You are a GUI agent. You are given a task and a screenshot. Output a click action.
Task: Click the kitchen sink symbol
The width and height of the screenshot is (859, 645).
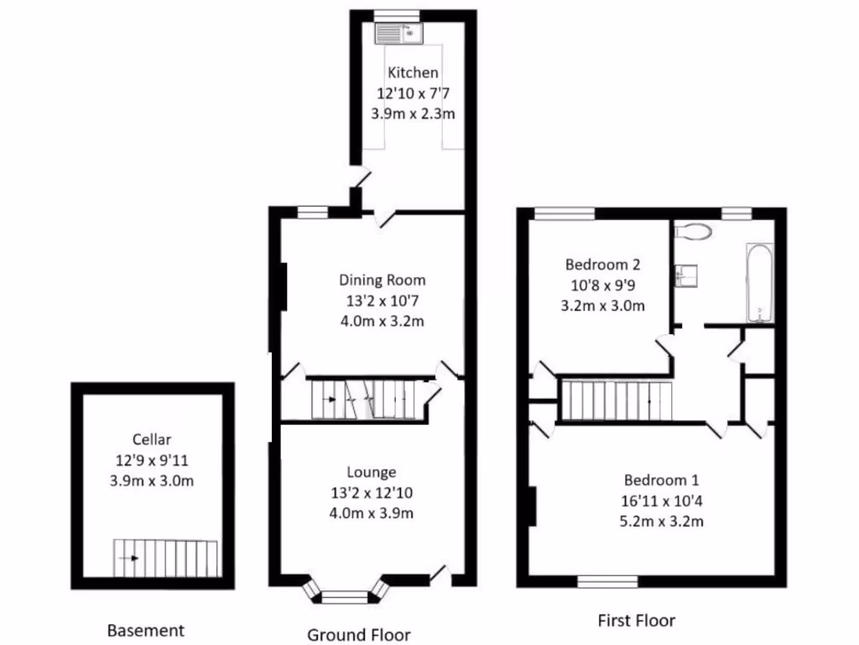pos(400,33)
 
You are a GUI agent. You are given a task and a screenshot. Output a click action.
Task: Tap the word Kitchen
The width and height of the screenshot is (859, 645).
pos(412,73)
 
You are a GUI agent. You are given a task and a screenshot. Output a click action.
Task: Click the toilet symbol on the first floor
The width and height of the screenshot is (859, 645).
pos(693,230)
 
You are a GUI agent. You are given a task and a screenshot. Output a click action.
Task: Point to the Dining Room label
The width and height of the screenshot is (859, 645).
pos(382,280)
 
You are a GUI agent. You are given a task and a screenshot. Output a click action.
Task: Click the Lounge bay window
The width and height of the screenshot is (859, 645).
pos(345,596)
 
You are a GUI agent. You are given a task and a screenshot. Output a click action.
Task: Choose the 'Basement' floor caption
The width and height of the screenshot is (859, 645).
pos(145,630)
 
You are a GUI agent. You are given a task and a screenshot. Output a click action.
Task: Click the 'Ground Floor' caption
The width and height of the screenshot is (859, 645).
pos(359,634)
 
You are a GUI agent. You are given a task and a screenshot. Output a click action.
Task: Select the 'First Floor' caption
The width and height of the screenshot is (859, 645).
pos(636,621)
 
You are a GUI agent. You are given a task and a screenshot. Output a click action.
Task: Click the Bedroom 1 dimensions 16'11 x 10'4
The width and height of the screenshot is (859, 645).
pos(660,501)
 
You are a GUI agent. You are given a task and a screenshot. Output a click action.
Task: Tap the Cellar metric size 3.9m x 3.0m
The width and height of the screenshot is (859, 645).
pos(152,480)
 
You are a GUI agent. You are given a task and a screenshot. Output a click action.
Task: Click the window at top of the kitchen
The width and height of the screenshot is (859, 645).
pos(397,14)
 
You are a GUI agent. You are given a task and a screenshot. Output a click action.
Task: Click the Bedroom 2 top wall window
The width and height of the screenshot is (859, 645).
pos(564,213)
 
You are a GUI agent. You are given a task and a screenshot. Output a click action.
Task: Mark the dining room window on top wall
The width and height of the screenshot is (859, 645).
pos(313,212)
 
